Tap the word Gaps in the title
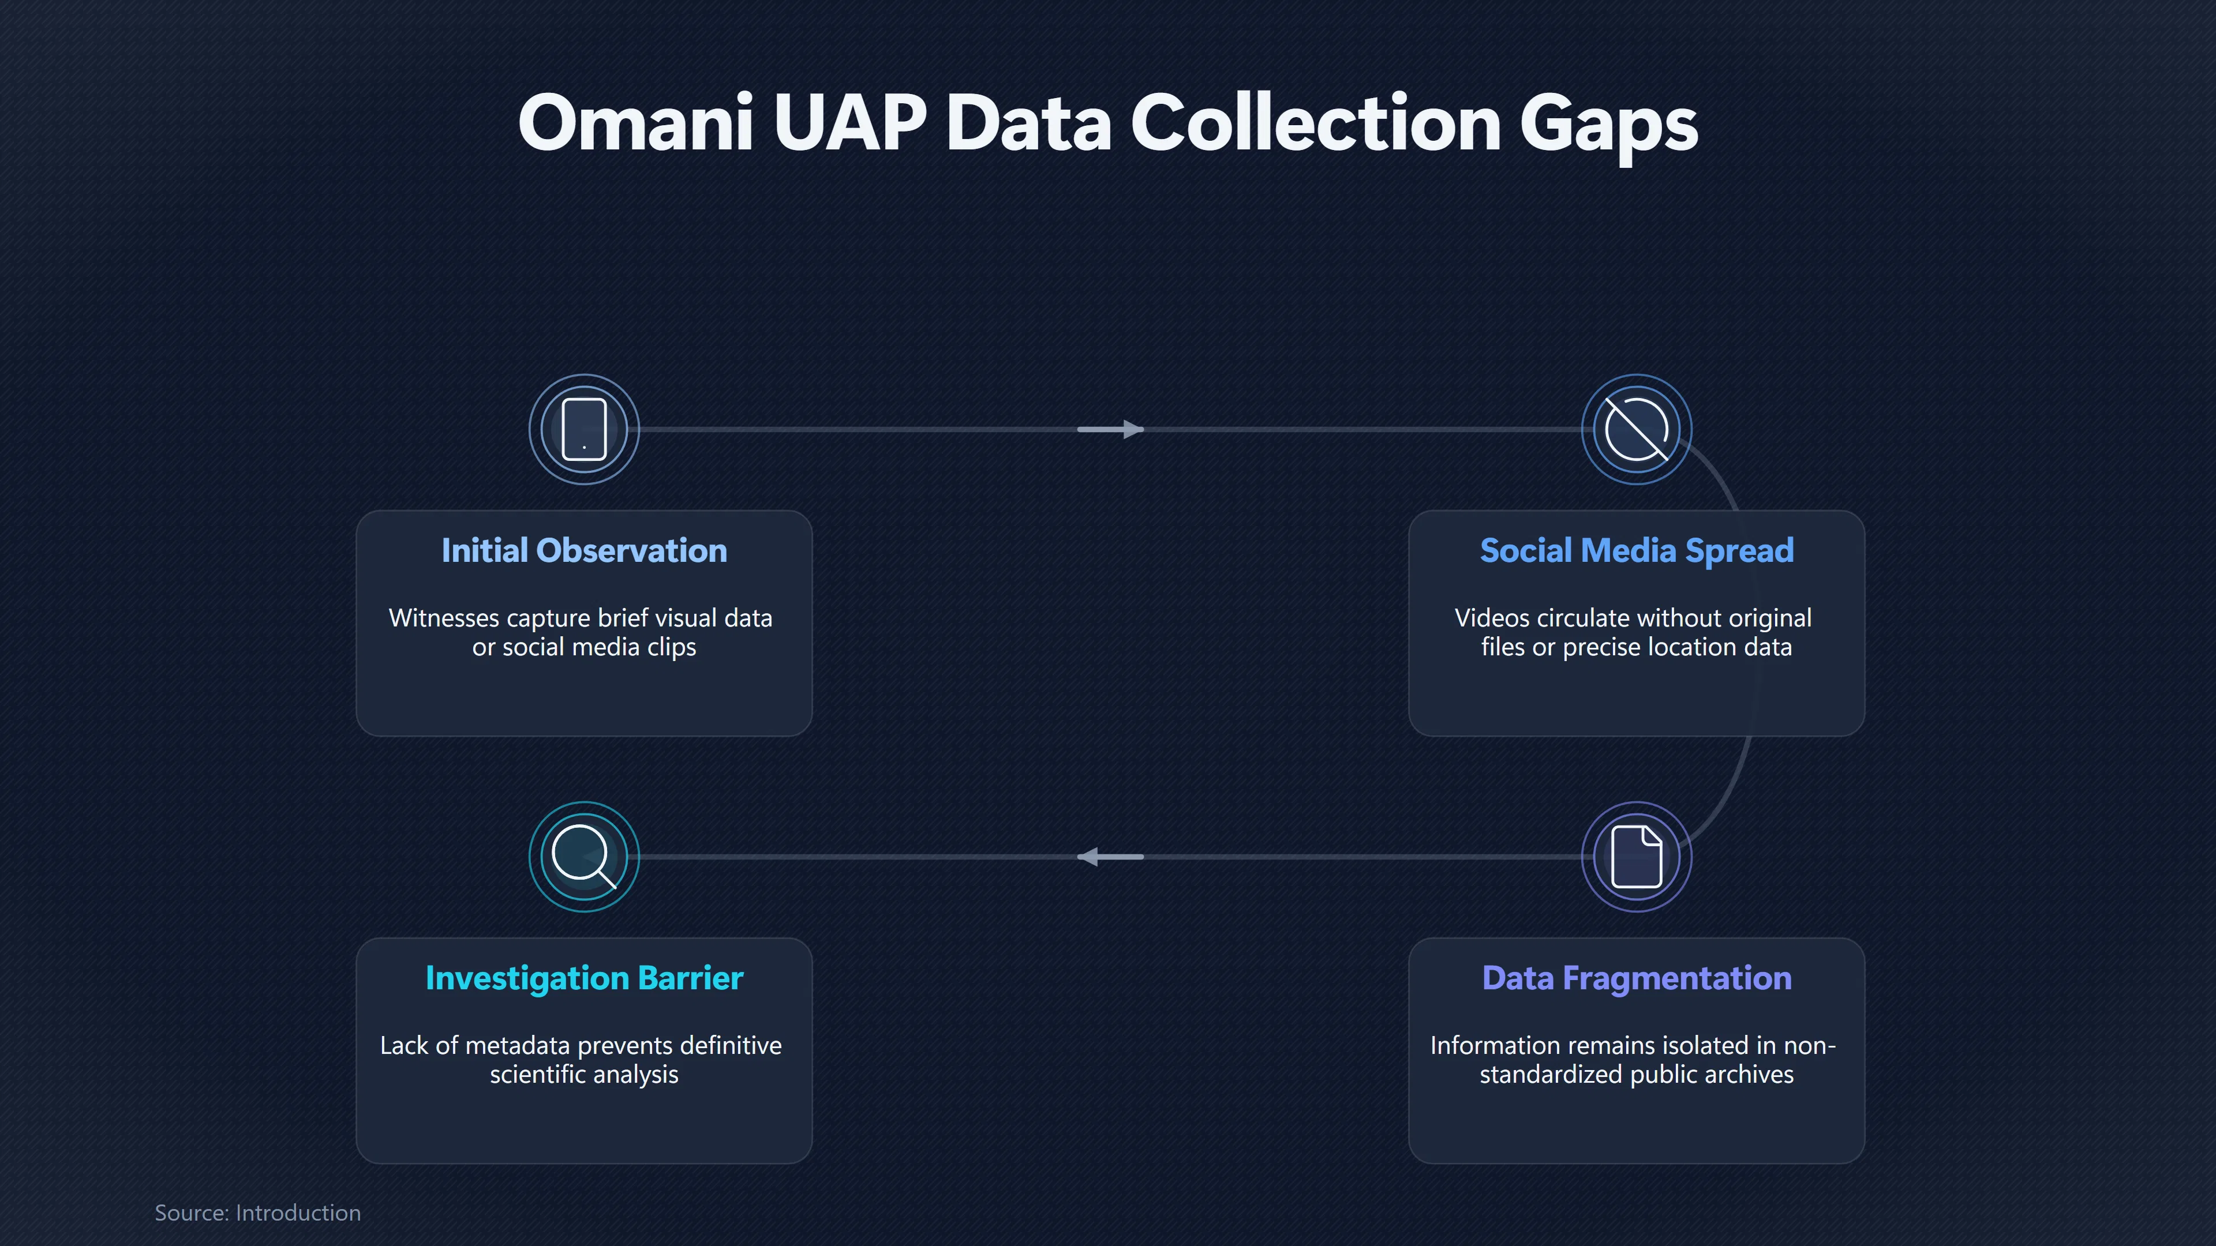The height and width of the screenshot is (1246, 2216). click(x=1609, y=127)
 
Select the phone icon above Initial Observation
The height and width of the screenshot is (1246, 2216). click(x=584, y=429)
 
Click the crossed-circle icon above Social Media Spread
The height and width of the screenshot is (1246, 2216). click(x=1636, y=429)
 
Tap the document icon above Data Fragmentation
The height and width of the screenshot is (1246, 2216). click(x=1636, y=857)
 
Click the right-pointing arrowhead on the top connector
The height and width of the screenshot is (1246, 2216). click(x=1133, y=429)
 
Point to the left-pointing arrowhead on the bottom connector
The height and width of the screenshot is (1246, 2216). click(x=1088, y=857)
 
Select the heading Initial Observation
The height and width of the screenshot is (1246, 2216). click(x=584, y=550)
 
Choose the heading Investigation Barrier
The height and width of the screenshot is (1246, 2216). click(x=584, y=978)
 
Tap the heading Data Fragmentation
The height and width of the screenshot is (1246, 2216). click(x=1636, y=978)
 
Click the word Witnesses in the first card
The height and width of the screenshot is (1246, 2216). click(x=444, y=618)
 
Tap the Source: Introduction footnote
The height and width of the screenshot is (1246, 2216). click(x=257, y=1213)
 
